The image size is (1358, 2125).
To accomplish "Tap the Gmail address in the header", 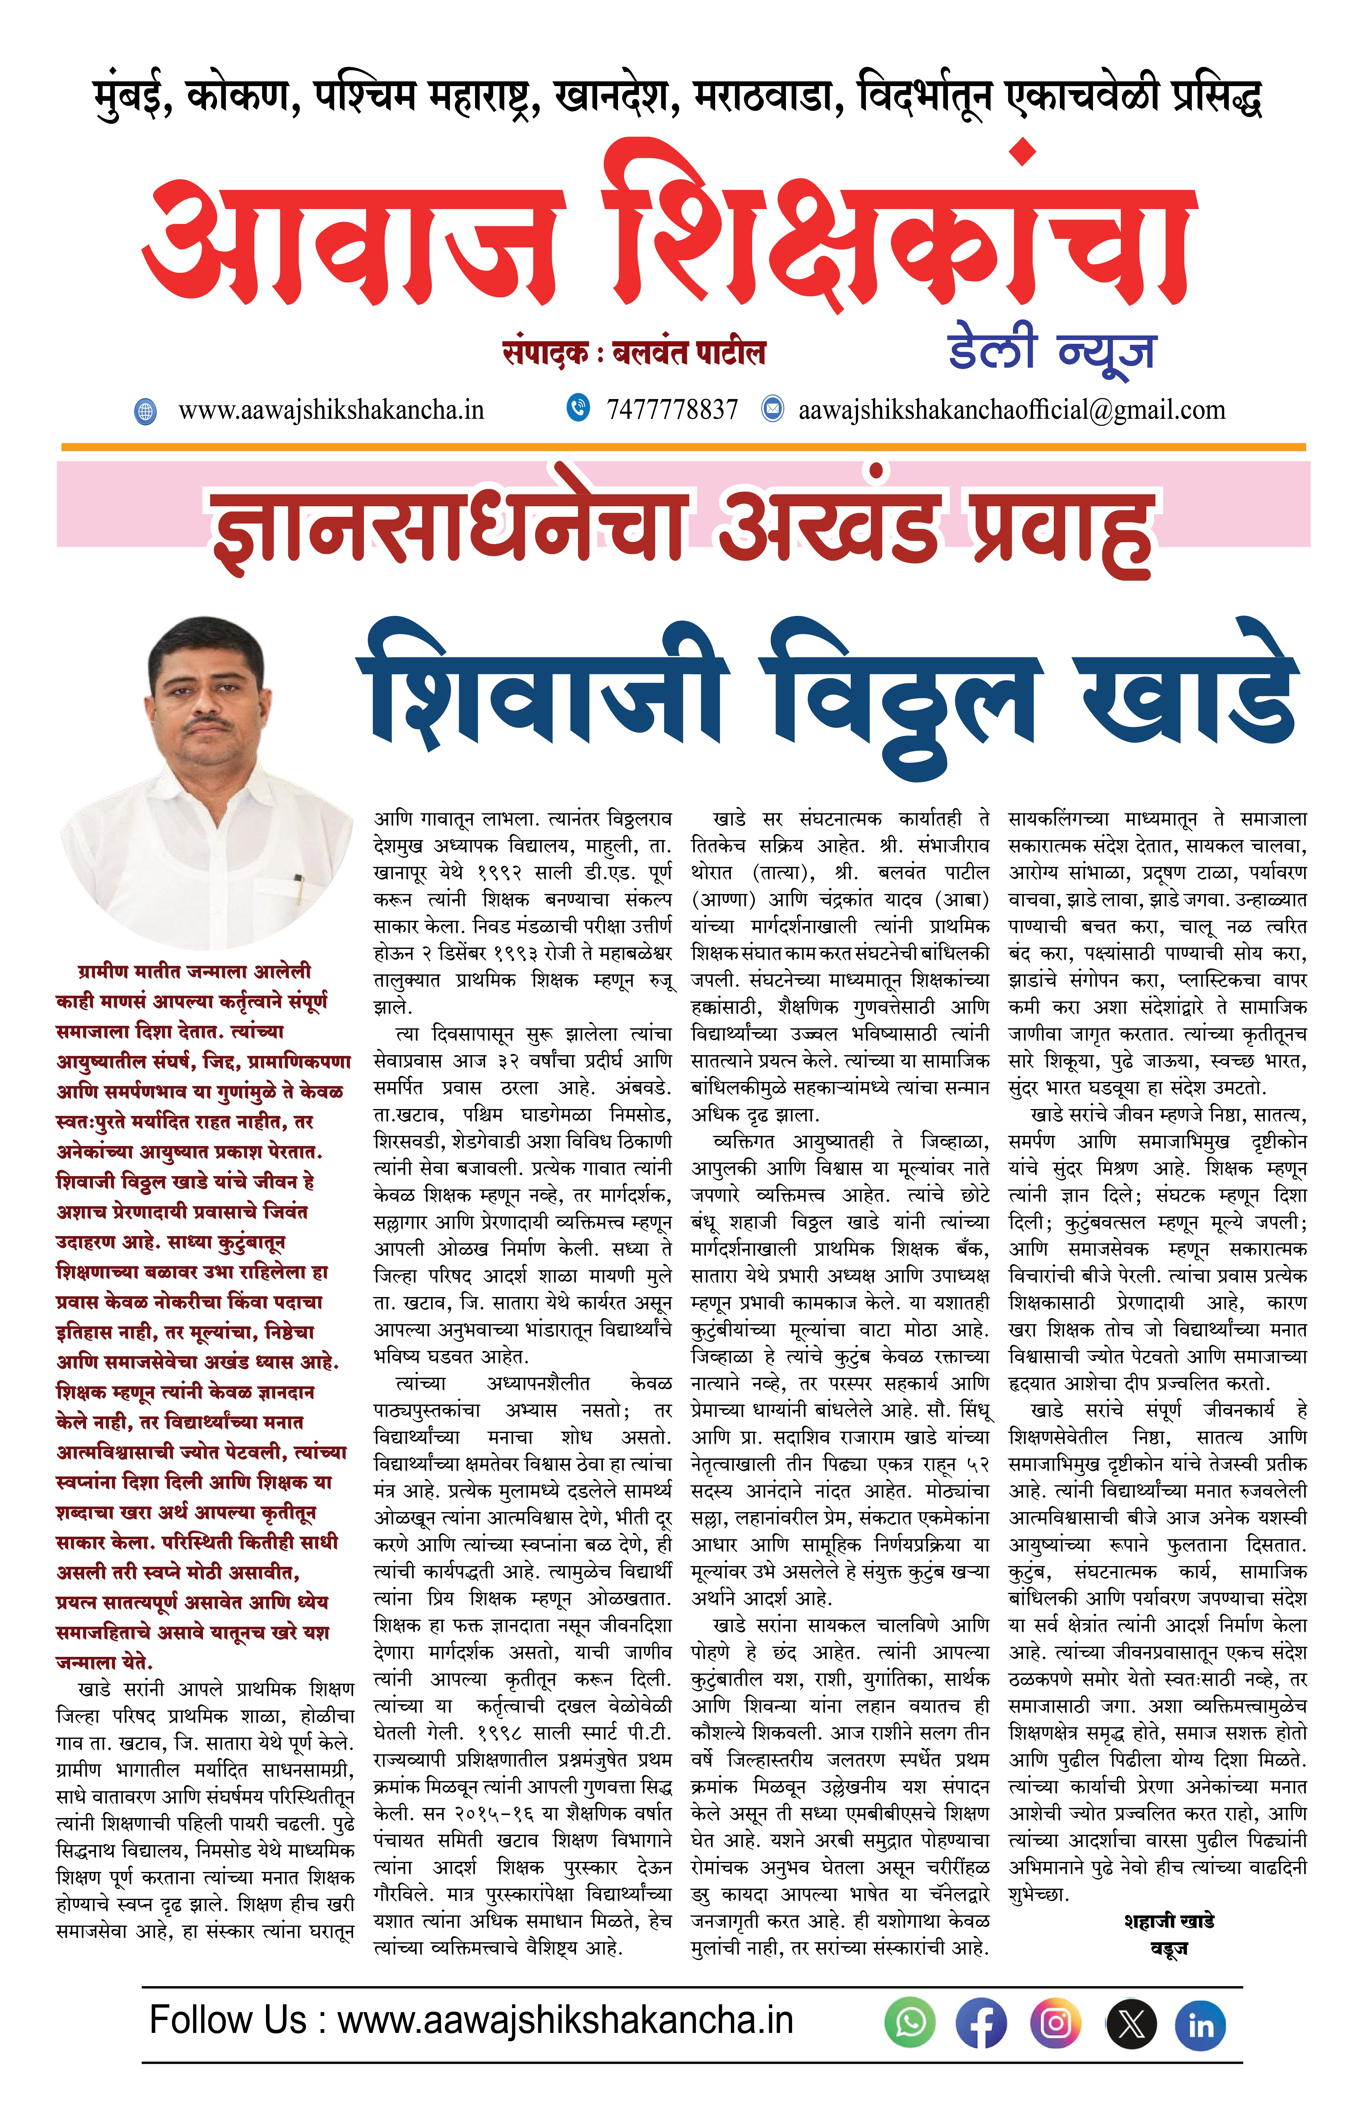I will click(x=1011, y=409).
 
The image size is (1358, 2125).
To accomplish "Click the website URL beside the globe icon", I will click(x=331, y=409).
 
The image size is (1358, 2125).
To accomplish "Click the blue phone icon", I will click(x=578, y=408).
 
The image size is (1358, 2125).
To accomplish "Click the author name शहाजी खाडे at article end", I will click(x=1169, y=1921).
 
